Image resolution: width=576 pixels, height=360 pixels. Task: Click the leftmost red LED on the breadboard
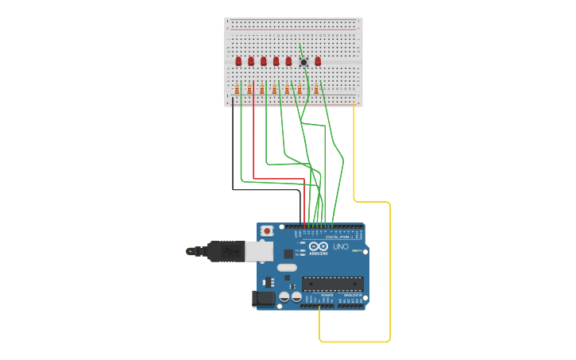[238, 61]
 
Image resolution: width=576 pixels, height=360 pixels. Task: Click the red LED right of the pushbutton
[318, 61]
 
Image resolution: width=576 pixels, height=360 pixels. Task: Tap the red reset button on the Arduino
[267, 231]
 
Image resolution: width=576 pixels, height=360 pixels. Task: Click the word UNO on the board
[340, 247]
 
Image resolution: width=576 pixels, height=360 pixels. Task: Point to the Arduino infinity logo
[319, 247]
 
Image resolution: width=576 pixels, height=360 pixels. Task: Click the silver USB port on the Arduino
[259, 251]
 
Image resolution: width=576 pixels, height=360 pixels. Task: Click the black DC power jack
[263, 299]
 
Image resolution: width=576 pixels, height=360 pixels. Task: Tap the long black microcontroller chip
[332, 283]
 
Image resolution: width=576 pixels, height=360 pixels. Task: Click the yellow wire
[390, 270]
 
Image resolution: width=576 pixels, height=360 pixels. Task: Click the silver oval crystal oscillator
[287, 268]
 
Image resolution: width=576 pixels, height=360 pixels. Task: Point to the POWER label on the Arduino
[327, 295]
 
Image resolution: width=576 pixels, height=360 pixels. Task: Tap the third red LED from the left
[264, 61]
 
